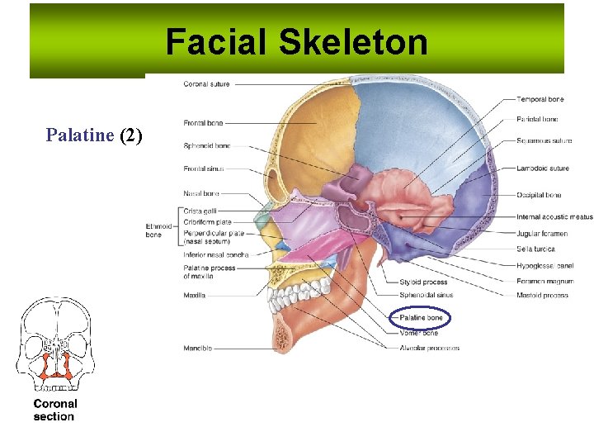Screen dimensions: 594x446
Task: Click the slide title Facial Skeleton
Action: [296, 42]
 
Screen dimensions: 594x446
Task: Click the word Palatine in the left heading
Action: [79, 135]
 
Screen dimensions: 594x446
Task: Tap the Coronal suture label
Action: [206, 84]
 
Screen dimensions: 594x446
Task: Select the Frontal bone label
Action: [203, 123]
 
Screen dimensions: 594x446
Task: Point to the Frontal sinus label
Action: [203, 169]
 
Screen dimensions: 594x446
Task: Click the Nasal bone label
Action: [200, 193]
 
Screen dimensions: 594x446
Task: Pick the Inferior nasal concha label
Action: [216, 255]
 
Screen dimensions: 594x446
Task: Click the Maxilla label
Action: [195, 295]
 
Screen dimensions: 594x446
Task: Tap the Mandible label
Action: [197, 349]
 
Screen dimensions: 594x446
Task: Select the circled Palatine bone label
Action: [421, 317]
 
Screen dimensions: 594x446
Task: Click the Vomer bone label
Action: [419, 333]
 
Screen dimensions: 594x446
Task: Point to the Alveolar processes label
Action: [428, 348]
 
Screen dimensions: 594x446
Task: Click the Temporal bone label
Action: [540, 99]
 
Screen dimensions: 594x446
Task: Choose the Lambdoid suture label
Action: [543, 168]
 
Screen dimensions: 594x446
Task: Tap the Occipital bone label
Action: [539, 195]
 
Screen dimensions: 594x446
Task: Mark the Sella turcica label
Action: [537, 249]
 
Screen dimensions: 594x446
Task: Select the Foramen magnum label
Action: [544, 282]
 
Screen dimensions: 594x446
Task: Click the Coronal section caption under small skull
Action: [54, 410]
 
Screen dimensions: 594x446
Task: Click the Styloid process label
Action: [422, 282]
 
